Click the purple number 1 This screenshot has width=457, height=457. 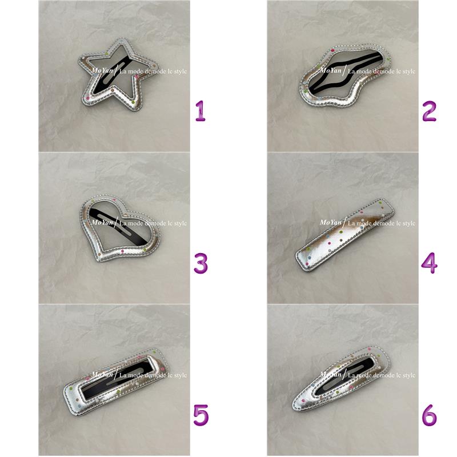[201, 111]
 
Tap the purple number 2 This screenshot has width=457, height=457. [429, 111]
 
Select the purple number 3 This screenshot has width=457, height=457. [201, 263]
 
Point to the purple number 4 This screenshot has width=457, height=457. [430, 263]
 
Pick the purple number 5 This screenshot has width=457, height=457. [201, 415]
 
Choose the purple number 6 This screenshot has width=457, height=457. [430, 415]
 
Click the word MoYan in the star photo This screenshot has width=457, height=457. [102, 70]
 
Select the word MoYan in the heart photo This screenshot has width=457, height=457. [102, 222]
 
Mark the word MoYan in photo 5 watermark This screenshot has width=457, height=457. [102, 375]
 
